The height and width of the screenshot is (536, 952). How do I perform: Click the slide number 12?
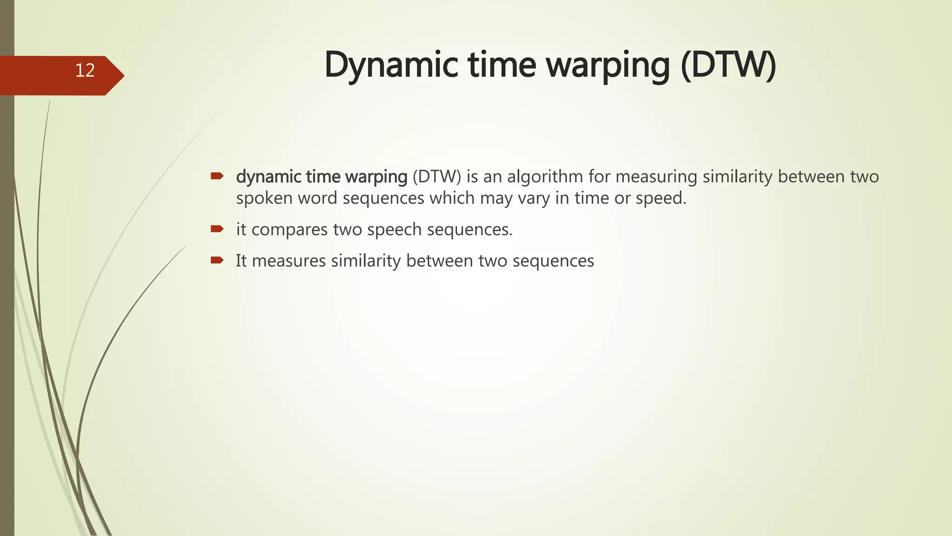(85, 71)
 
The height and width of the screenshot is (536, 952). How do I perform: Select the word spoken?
(264, 199)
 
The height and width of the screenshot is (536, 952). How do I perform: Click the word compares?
(290, 230)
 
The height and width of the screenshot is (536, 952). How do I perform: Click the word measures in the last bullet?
(289, 261)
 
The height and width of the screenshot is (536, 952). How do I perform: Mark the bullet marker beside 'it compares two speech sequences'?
(217, 228)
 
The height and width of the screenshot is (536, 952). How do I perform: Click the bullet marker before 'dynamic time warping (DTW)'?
(217, 176)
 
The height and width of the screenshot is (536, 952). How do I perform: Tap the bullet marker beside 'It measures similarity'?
(217, 260)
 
